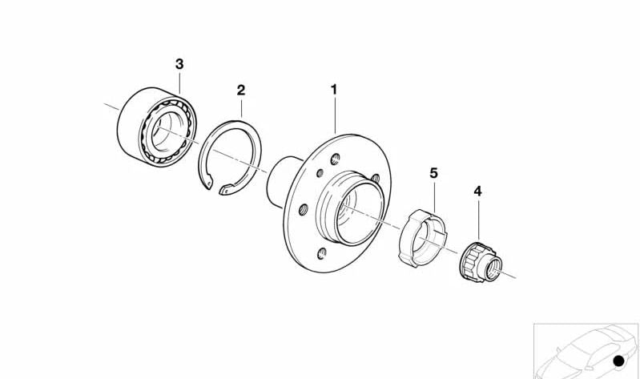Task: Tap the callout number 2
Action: click(x=240, y=90)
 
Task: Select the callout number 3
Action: click(x=179, y=62)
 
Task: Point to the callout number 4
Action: click(x=478, y=192)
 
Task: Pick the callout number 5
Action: click(x=433, y=173)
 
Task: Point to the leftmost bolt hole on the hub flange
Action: click(x=303, y=210)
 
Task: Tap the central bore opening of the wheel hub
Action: click(x=350, y=210)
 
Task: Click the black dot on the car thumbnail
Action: click(x=618, y=363)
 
